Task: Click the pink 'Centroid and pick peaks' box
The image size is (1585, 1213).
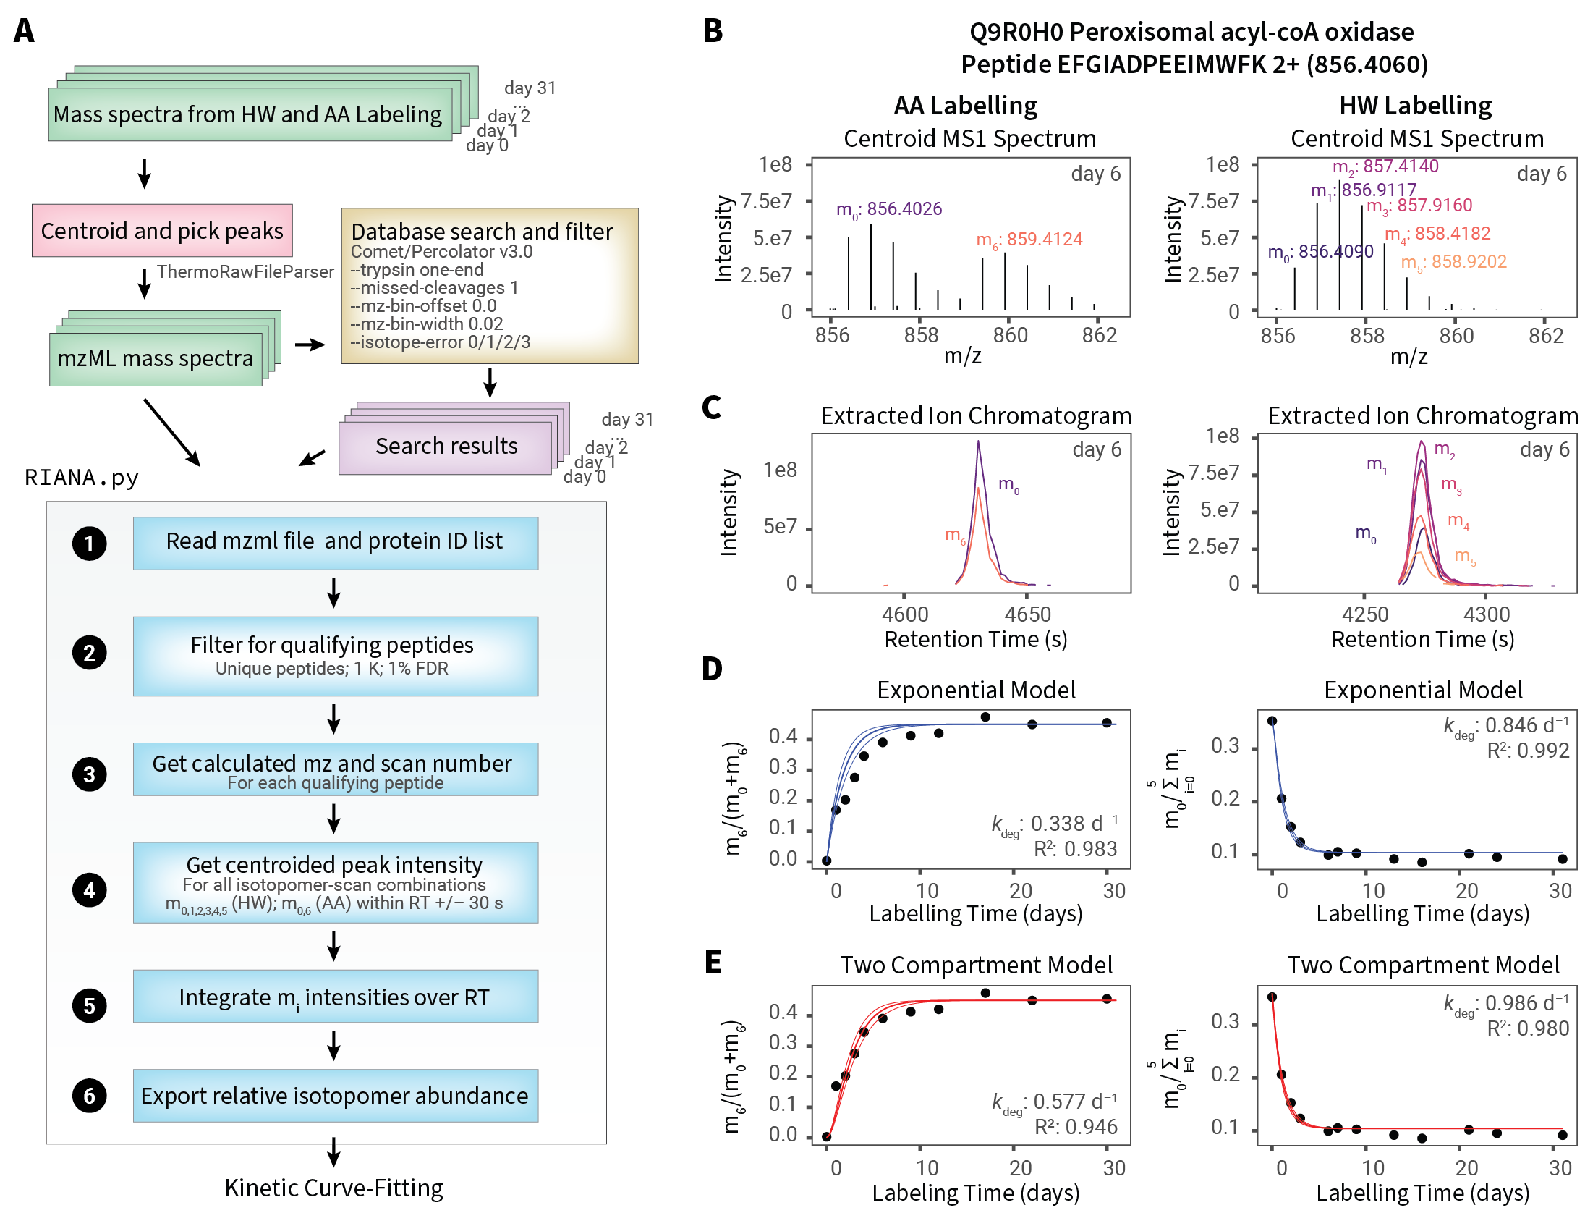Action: click(x=162, y=231)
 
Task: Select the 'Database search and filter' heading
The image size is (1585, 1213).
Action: click(x=482, y=232)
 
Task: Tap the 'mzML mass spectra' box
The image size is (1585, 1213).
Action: click(x=156, y=359)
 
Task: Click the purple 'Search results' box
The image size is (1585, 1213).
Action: click(x=446, y=446)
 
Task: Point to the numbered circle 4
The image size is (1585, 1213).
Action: click(x=89, y=890)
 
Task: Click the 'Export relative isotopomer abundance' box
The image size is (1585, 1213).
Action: click(x=335, y=1096)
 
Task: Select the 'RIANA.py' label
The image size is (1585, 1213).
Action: click(x=82, y=478)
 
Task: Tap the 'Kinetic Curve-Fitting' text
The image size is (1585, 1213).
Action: click(x=333, y=1188)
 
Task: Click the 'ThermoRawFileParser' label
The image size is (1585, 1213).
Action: click(x=245, y=271)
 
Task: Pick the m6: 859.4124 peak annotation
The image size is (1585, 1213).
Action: click(x=1029, y=240)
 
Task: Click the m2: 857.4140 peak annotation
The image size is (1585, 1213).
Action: click(x=1385, y=166)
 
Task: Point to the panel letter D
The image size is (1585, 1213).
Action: click(x=712, y=669)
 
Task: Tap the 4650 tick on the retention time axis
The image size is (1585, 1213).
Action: click(x=1027, y=614)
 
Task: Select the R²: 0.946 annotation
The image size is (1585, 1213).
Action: click(x=1076, y=1127)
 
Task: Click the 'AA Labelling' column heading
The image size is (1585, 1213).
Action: click(x=965, y=106)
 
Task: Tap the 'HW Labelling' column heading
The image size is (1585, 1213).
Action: click(x=1415, y=106)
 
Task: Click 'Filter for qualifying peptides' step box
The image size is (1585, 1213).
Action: click(x=335, y=656)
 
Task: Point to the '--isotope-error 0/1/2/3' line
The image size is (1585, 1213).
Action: click(x=441, y=342)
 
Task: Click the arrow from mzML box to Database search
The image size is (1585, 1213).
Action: click(x=310, y=345)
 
